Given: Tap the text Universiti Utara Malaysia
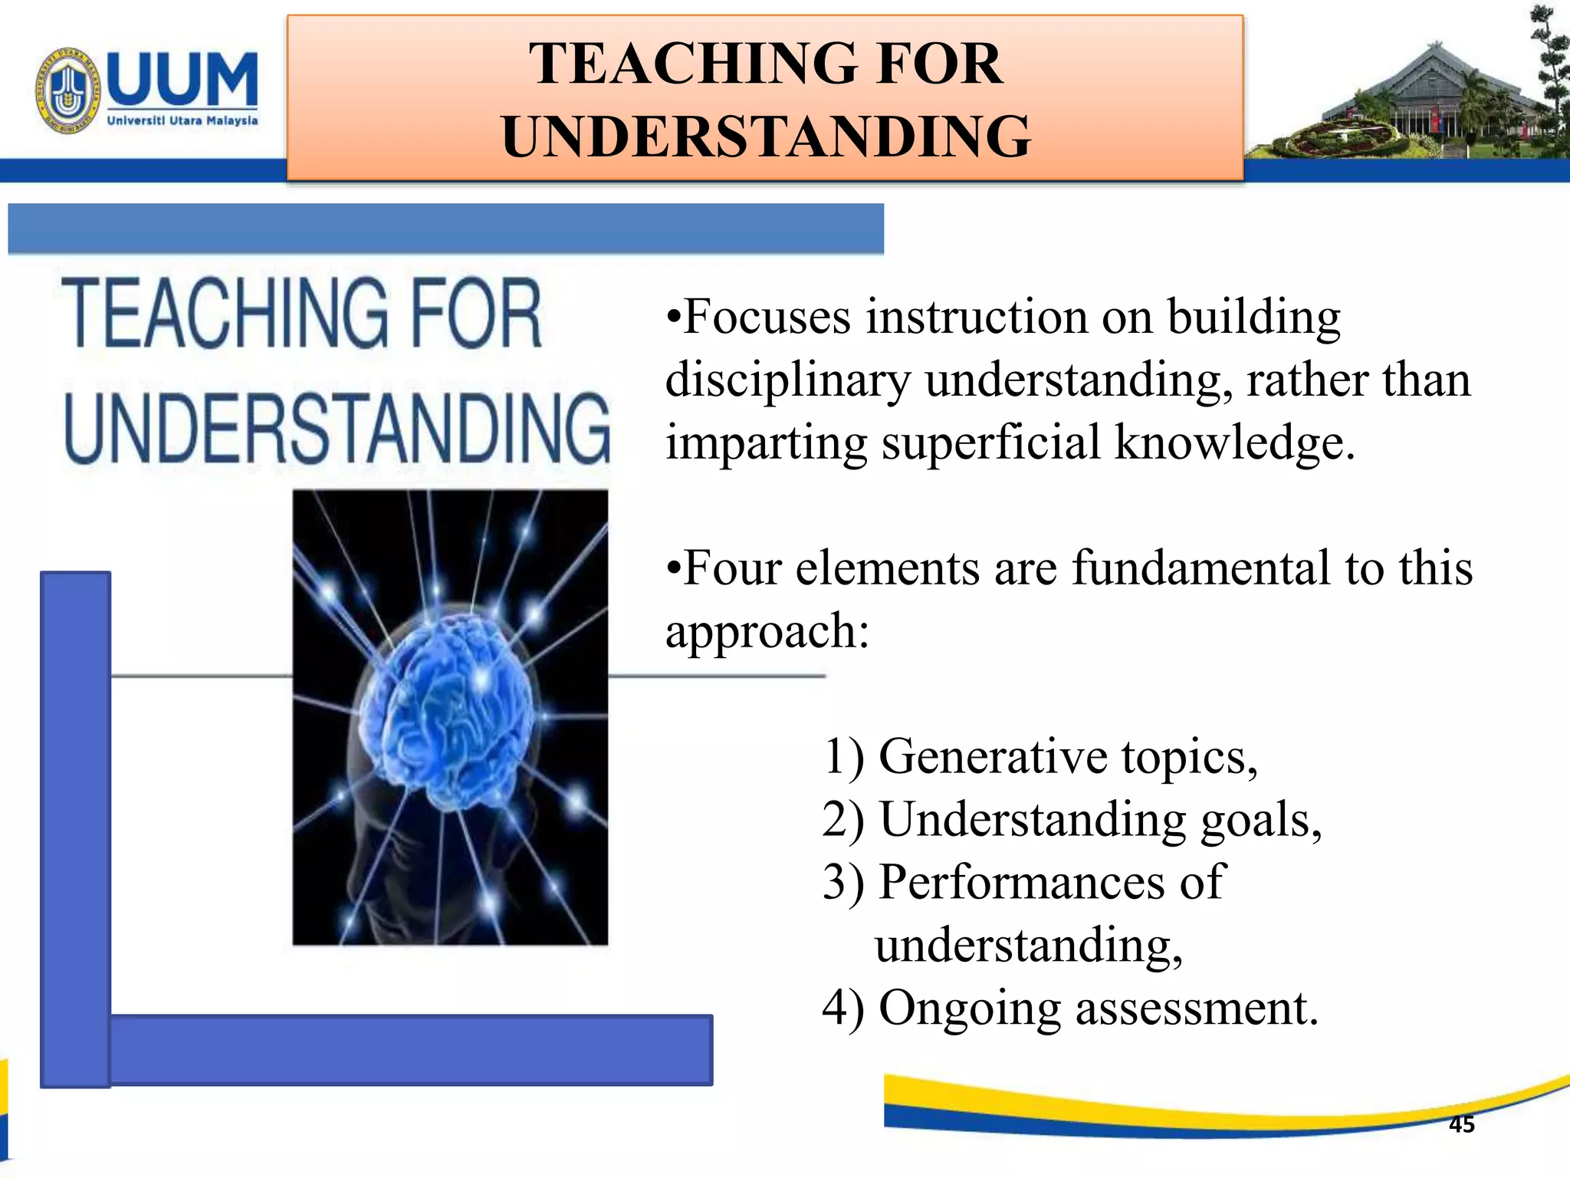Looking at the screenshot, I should click(182, 121).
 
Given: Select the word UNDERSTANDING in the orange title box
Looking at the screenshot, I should click(766, 137).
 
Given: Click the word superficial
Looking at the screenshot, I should click(990, 443).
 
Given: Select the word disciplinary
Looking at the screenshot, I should click(788, 380).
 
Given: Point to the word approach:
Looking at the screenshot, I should click(767, 631).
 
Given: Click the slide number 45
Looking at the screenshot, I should click(1461, 1125).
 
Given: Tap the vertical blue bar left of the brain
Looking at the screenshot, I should click(75, 828).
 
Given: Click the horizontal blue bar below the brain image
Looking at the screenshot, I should click(410, 1049).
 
